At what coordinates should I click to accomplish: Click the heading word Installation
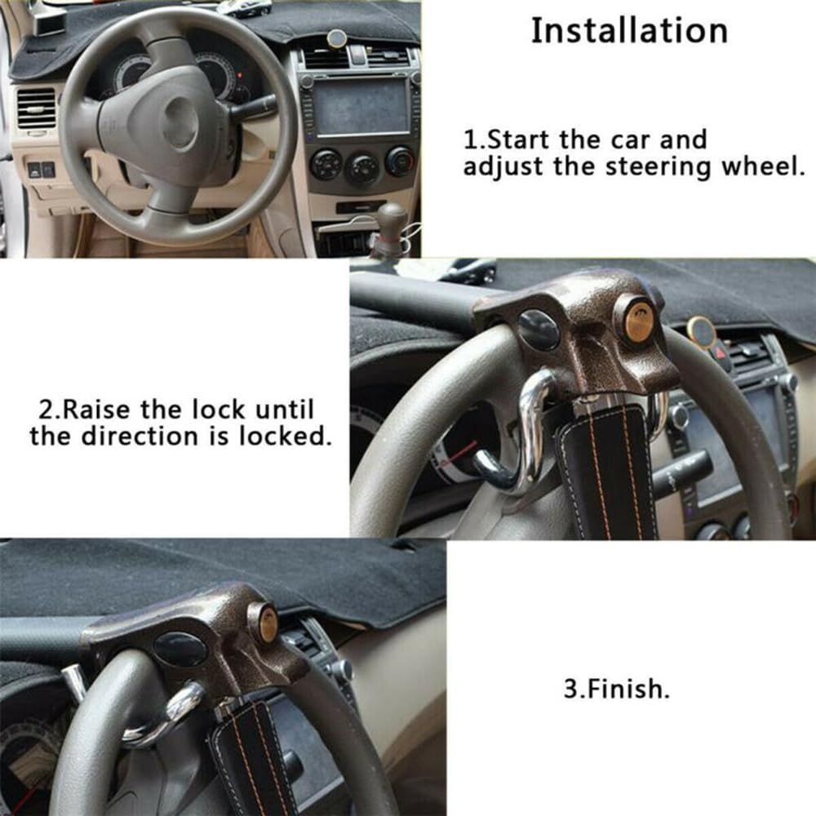tap(629, 31)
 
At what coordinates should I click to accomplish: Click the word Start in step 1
tap(522, 140)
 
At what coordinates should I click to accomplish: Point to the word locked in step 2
tap(285, 436)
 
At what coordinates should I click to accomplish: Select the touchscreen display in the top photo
tap(361, 106)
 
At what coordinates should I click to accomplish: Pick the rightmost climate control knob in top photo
tap(399, 161)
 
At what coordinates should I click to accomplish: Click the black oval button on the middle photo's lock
tap(539, 329)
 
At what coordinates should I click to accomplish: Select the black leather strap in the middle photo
tap(608, 473)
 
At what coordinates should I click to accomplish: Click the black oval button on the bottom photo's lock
tap(180, 650)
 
